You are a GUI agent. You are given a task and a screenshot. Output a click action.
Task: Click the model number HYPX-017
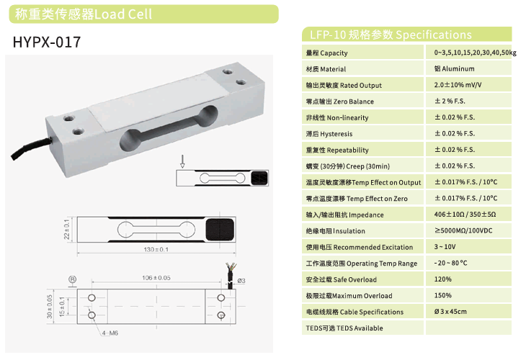[47, 42]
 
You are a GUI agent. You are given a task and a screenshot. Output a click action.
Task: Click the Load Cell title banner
[143, 14]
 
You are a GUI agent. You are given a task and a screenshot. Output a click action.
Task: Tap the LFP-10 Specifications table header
[406, 35]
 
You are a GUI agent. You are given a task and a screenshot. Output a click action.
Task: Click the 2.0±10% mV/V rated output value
[458, 85]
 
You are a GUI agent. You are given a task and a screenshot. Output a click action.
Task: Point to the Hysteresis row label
[329, 134]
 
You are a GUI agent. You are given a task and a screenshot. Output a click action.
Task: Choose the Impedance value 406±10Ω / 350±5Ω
[465, 214]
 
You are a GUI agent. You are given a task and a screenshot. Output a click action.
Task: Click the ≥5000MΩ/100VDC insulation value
[463, 230]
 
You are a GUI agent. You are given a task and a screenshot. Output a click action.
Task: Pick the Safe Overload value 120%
[443, 279]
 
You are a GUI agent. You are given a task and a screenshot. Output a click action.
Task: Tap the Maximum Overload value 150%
[443, 295]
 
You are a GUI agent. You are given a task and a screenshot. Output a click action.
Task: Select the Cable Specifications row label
[355, 312]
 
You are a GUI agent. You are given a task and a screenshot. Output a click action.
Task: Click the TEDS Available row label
[344, 328]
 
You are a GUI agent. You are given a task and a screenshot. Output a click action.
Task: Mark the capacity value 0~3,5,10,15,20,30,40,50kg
[475, 53]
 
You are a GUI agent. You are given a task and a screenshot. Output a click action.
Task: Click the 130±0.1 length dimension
[156, 249]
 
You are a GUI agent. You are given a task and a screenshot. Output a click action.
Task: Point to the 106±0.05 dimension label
[156, 277]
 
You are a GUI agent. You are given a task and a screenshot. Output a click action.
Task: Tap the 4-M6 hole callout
[110, 333]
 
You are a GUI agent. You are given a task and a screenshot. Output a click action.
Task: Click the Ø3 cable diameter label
[241, 281]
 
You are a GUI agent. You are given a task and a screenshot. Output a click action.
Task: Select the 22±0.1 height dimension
[67, 230]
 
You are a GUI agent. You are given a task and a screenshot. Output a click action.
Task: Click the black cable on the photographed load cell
[31, 146]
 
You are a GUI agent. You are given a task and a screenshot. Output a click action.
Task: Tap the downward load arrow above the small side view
[182, 161]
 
